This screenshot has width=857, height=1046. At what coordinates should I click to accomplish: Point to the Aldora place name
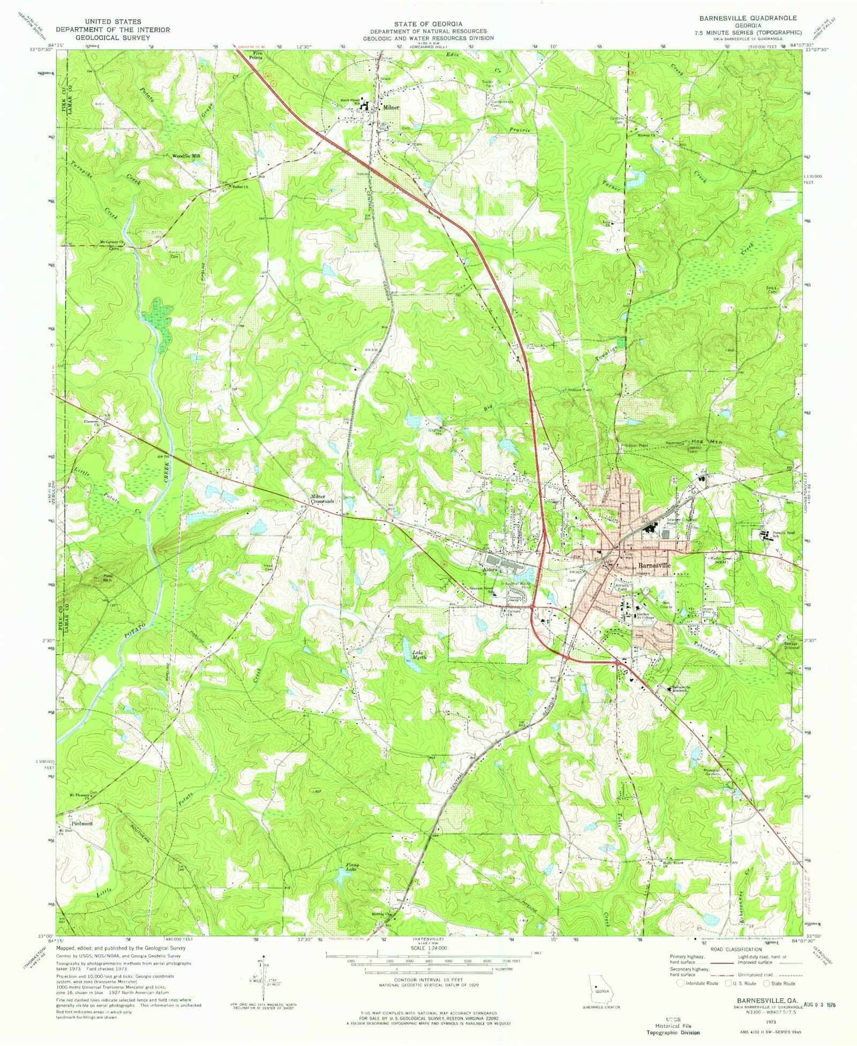(x=491, y=570)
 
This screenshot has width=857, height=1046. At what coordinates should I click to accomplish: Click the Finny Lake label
(x=352, y=866)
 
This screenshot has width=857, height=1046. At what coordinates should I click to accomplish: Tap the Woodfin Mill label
(x=186, y=156)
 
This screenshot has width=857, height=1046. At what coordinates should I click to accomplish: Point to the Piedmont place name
(x=81, y=823)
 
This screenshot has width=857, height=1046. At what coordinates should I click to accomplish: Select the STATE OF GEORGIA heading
(x=428, y=24)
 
